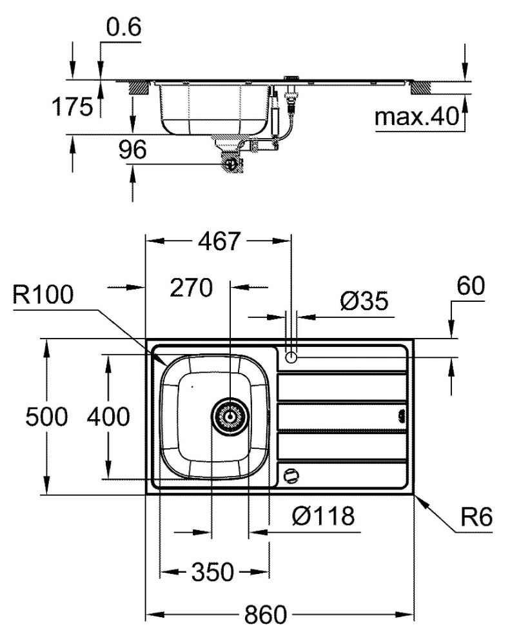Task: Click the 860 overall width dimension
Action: pos(265,615)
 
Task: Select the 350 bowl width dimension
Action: pos(212,571)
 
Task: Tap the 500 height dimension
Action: pos(46,417)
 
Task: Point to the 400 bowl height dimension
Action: pos(108,417)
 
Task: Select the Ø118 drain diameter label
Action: pos(322,515)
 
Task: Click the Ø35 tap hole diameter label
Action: pos(365,301)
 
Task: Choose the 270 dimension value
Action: pos(191,288)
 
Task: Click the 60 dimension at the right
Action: pos(470,286)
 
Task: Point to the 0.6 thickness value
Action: pos(123,28)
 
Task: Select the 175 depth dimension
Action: pos(72,108)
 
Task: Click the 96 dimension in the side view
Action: pos(132,151)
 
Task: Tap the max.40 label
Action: pos(416,117)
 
